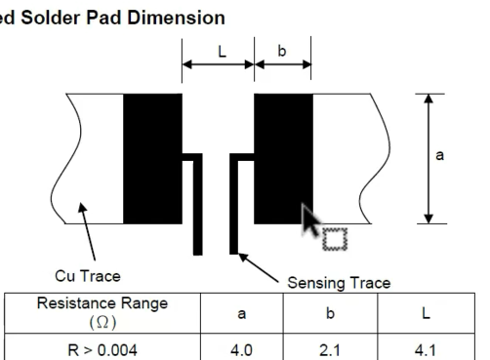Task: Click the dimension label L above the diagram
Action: tap(222, 52)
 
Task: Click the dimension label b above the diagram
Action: tap(282, 51)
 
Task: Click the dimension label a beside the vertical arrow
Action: tap(439, 155)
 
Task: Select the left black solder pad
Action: tap(152, 159)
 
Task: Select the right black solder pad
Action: tap(283, 159)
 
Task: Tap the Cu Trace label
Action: tap(88, 276)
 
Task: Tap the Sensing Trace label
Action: tap(339, 283)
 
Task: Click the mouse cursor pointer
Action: tap(309, 220)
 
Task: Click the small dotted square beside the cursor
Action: tap(335, 239)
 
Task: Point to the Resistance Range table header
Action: tap(102, 303)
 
